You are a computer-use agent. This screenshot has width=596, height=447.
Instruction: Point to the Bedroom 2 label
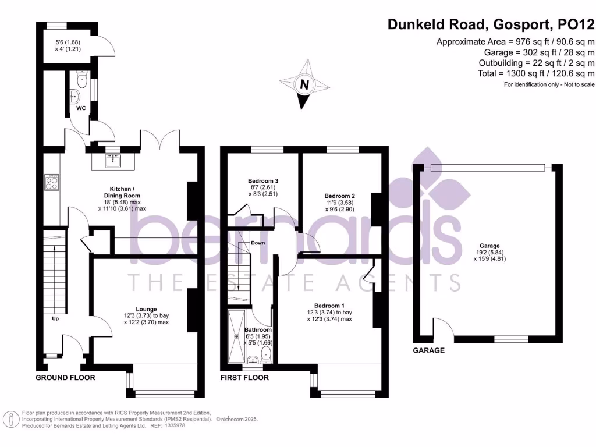340,196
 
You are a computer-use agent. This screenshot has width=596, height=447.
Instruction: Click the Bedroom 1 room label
329,306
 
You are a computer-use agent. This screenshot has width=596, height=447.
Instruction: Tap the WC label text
80,108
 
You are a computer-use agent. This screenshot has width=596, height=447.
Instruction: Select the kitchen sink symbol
113,159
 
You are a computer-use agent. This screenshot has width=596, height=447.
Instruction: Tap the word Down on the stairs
258,243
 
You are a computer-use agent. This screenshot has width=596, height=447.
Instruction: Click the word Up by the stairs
56,319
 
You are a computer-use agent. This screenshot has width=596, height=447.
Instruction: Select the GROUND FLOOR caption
65,378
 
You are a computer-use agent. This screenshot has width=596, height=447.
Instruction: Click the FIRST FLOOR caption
244,378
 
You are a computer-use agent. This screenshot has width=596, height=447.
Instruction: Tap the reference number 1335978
175,426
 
